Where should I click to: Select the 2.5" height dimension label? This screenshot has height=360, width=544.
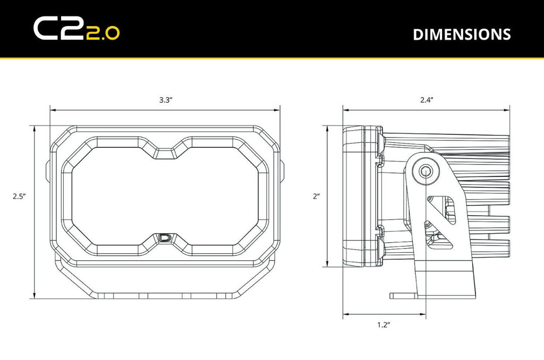(x=20, y=196)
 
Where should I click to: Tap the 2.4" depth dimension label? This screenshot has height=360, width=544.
(x=427, y=100)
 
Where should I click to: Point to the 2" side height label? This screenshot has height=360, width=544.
(x=316, y=196)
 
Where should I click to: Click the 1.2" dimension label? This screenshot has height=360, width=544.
(x=384, y=324)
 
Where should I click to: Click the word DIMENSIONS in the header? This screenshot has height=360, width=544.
(x=462, y=35)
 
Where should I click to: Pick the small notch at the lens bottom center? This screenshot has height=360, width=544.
(x=166, y=238)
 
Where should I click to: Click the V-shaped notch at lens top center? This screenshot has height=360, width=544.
(x=166, y=152)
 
